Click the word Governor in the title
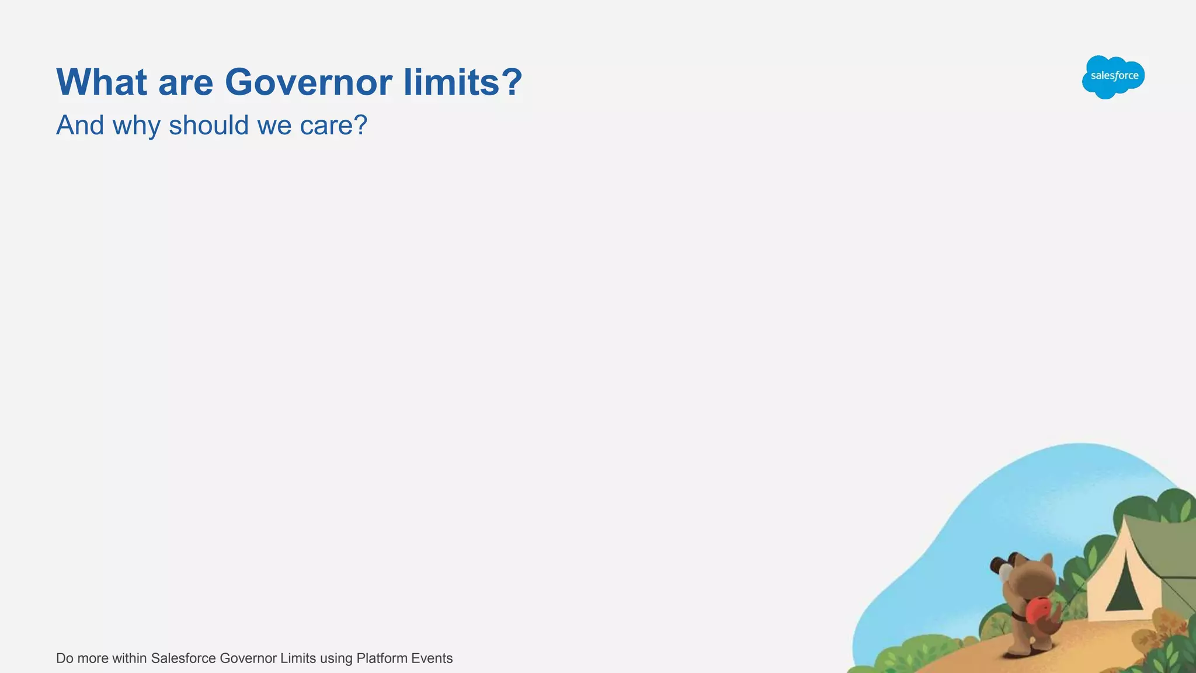click(x=308, y=82)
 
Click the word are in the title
click(x=186, y=84)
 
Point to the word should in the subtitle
click(x=208, y=125)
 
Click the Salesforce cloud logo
click(x=1113, y=77)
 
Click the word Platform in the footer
click(x=381, y=658)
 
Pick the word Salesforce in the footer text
click(x=183, y=658)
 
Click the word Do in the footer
click(x=64, y=658)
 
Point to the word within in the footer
click(x=129, y=658)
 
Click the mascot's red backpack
click(x=1038, y=610)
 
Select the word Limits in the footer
click(x=298, y=658)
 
